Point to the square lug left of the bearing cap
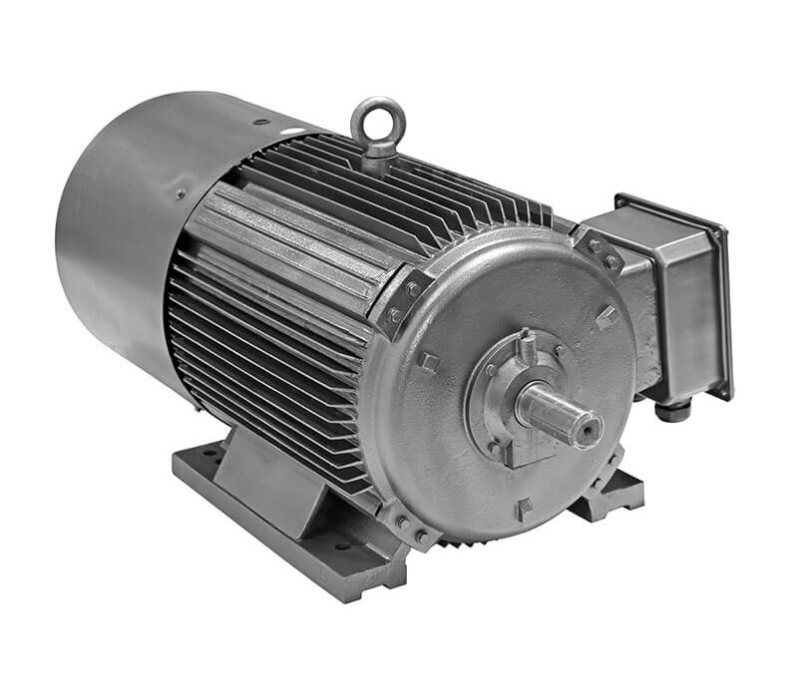[429, 360]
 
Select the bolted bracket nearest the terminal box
[599, 250]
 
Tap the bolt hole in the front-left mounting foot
[341, 546]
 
